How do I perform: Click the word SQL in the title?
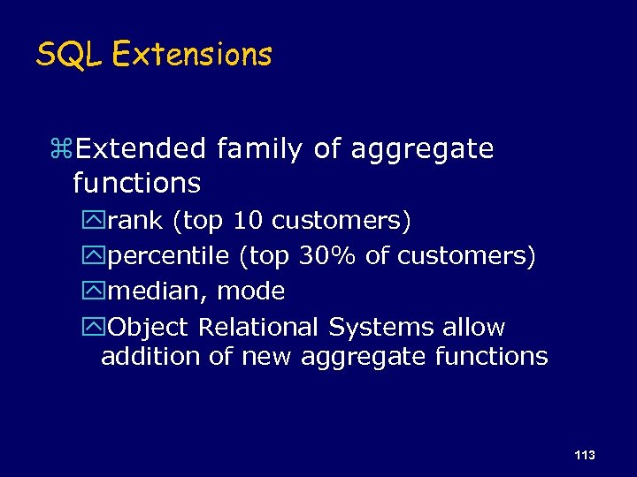(69, 55)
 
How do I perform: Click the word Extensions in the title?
(192, 55)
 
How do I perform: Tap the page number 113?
(584, 455)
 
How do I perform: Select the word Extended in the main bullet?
(142, 149)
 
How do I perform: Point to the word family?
(261, 150)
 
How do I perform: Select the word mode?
(250, 291)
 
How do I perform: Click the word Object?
(149, 328)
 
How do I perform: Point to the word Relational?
(257, 328)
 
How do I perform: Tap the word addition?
(141, 357)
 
